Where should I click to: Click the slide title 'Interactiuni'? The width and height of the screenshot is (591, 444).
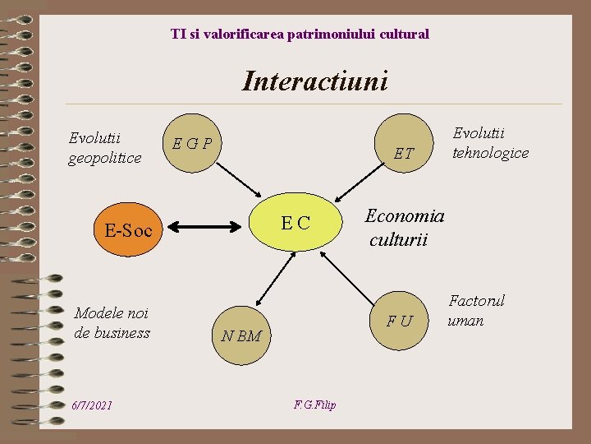pos(314,81)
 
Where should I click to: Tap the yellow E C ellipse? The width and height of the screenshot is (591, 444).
pos(295,222)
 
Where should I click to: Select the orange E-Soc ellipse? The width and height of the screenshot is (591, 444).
pos(128,231)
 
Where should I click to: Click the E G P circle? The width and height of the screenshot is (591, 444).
pos(191,145)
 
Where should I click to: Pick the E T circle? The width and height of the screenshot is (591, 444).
pos(403,151)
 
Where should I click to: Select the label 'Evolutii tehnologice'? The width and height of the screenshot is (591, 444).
pos(491,143)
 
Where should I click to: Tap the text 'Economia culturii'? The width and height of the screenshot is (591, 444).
pos(404,228)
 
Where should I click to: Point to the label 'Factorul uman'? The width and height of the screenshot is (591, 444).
pos(476,310)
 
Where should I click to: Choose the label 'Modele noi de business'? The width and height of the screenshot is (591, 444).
pos(112,322)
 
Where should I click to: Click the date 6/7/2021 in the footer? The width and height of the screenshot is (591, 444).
pos(92,406)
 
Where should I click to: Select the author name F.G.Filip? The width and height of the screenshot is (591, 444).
pos(314,405)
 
